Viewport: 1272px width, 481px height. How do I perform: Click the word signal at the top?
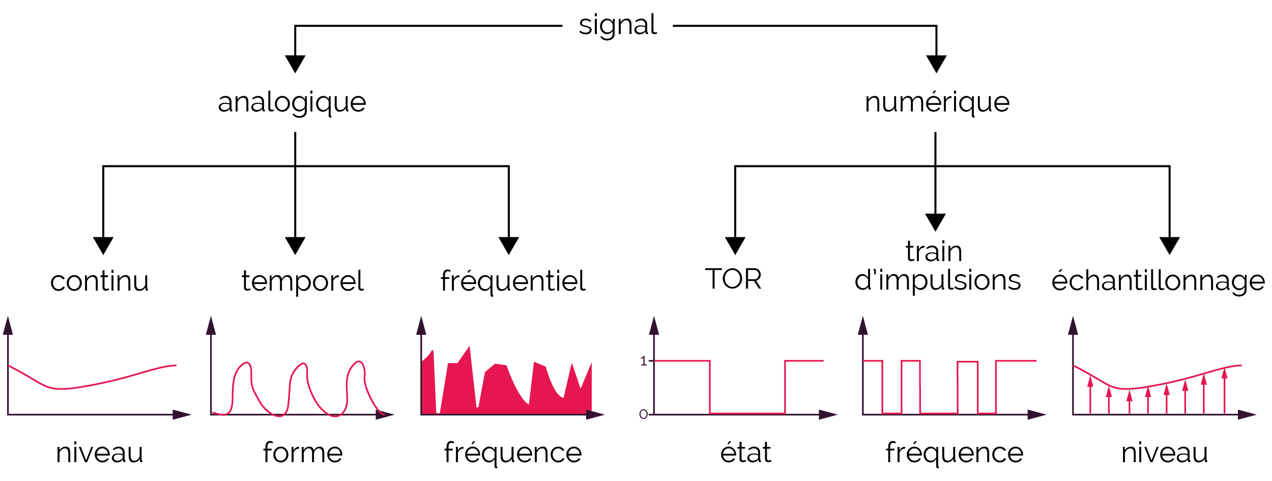point(618,26)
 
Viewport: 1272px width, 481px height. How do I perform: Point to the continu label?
point(100,281)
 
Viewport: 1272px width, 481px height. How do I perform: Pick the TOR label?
point(733,279)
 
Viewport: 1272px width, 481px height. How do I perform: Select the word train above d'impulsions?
point(934,251)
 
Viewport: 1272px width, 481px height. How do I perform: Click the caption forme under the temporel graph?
point(303,452)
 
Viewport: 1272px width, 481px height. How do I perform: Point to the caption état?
point(746,451)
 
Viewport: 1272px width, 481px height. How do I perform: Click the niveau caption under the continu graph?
point(100,453)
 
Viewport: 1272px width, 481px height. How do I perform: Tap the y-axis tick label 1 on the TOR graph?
point(643,361)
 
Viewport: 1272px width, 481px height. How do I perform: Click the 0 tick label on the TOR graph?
point(643,415)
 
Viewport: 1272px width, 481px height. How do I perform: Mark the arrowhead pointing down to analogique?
point(295,64)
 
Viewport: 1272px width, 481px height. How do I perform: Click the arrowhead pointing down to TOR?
point(735,246)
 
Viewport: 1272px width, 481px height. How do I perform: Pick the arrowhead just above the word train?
point(935,222)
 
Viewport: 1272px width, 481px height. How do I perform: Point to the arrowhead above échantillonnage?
point(1170,246)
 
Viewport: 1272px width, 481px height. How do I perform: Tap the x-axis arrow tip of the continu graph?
point(191,415)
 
